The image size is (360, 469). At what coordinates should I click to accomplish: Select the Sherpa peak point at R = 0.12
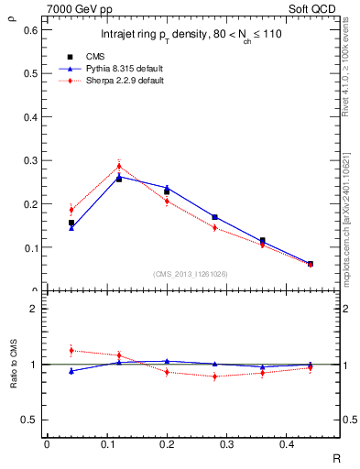119,166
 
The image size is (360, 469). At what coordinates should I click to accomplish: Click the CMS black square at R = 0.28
214,217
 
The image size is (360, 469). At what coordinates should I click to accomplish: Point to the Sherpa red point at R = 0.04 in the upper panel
71,209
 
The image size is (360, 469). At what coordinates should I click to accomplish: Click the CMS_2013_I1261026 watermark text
191,274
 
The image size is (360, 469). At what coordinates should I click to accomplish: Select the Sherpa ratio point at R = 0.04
71,350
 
